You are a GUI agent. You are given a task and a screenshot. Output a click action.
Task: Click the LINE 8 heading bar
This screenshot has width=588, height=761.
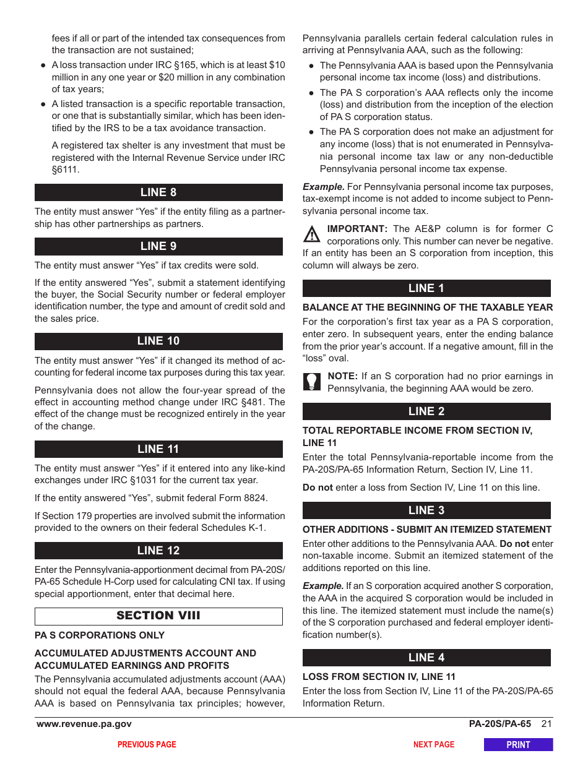pos(158,192)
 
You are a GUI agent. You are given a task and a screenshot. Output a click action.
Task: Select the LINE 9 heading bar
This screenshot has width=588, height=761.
pos(158,246)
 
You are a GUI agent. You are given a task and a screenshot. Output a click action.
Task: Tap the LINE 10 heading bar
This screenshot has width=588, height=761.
pos(158,341)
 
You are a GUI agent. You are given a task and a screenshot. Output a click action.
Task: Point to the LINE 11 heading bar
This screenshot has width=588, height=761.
pos(158,449)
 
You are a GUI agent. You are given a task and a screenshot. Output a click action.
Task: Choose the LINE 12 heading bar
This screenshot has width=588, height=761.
pos(158,551)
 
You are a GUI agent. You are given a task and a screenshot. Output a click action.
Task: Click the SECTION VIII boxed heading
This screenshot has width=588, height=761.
pos(158,616)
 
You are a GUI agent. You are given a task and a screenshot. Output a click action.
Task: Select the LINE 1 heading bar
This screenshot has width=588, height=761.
pos(426,288)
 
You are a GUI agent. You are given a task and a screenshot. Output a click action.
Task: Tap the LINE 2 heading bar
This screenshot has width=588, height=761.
pos(426,411)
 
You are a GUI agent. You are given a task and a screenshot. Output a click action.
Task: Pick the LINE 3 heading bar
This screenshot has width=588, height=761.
pos(426,510)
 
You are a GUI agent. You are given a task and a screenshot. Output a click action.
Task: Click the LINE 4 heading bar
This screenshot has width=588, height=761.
pos(426,658)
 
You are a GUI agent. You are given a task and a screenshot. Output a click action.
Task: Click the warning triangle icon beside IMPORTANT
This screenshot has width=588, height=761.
pos(312,234)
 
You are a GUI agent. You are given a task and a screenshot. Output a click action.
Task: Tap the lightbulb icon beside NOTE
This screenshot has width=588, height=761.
pos(312,381)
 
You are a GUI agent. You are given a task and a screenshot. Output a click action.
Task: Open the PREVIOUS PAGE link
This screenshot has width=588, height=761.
pos(147,744)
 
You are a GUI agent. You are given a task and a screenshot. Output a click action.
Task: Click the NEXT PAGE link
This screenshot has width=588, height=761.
pos(434,744)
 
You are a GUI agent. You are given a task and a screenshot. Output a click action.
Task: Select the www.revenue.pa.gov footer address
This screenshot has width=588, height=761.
pos(84,724)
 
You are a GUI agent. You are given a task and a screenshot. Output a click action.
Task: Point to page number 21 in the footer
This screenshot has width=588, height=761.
pos(546,724)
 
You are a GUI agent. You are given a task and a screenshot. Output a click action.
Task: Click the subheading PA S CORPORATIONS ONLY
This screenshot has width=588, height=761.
pos(100,635)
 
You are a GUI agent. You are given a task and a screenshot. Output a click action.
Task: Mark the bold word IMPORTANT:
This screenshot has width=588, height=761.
pos(357,229)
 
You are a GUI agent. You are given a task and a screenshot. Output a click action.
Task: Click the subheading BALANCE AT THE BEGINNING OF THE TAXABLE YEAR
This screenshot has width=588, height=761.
pos(428,307)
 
